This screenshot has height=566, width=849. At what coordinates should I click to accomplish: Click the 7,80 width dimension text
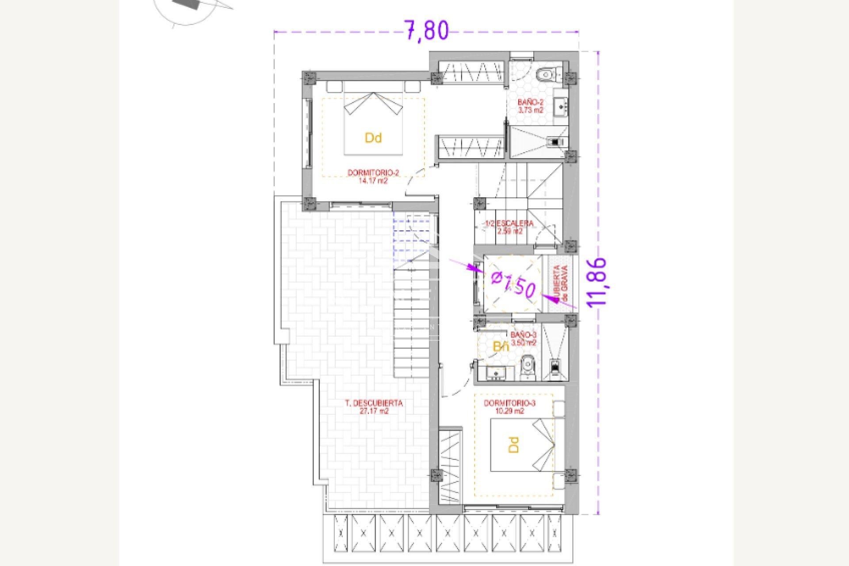click(427, 31)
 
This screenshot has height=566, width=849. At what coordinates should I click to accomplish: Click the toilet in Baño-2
click(547, 75)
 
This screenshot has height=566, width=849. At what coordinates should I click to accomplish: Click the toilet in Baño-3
click(528, 366)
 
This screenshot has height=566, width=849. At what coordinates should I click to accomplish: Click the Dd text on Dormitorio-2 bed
click(373, 138)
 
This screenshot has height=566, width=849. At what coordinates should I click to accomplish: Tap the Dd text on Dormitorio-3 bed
click(513, 445)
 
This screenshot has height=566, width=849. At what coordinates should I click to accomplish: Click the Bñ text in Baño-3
click(501, 347)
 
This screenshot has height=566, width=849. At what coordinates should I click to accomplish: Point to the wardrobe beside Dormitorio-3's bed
click(450, 467)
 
